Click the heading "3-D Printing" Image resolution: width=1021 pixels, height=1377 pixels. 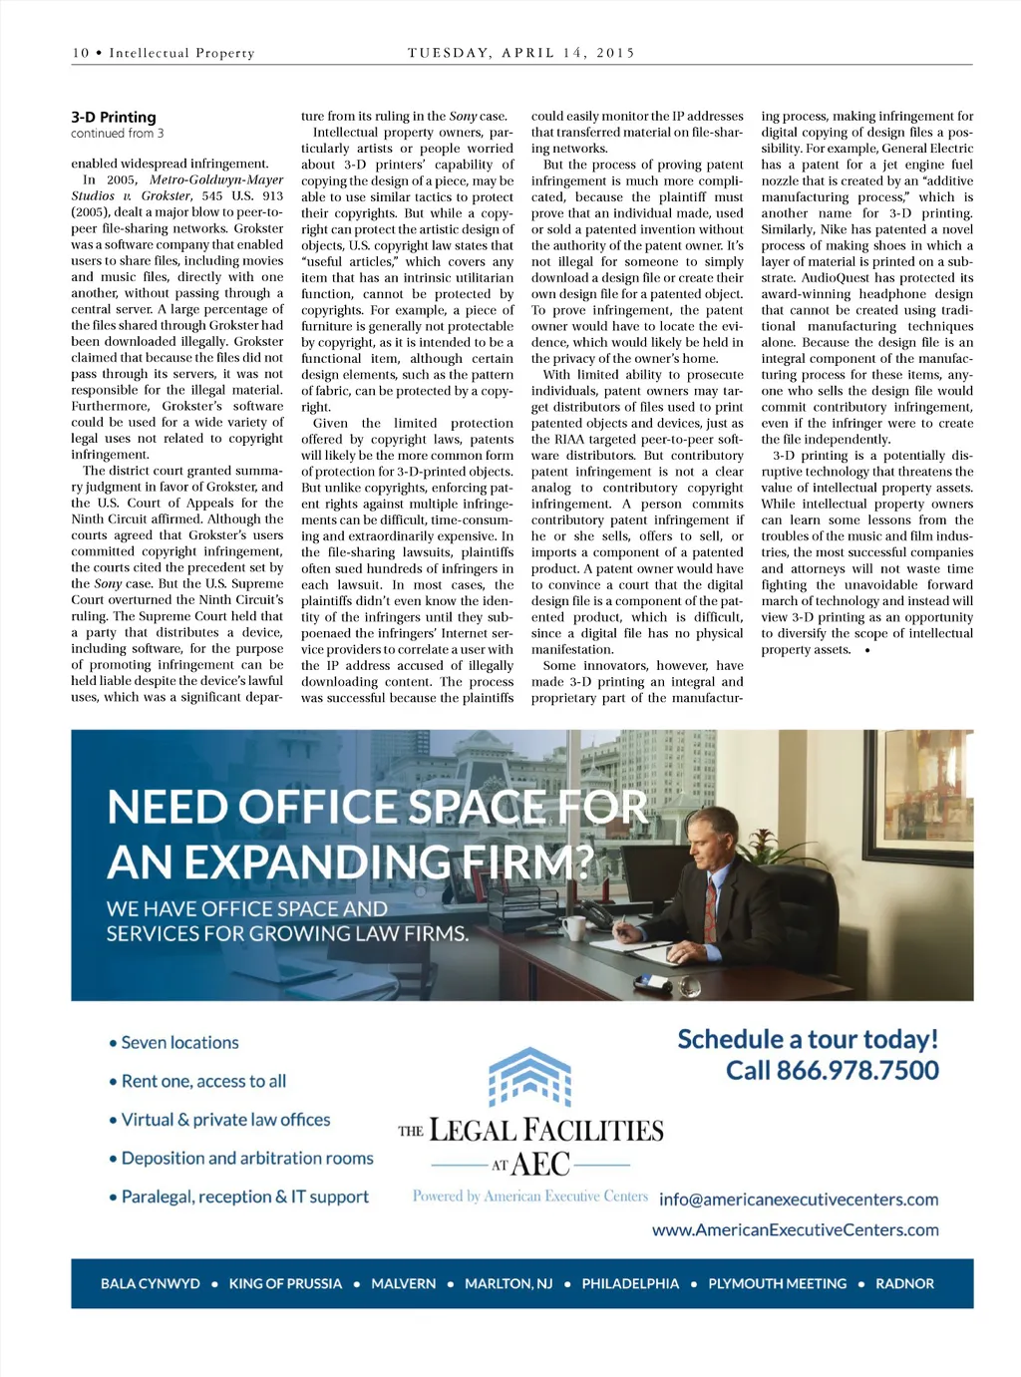point(114,117)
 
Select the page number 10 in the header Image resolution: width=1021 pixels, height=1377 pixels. point(81,53)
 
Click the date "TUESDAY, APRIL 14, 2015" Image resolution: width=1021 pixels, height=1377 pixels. point(520,53)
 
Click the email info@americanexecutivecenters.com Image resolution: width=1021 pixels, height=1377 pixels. point(799,1200)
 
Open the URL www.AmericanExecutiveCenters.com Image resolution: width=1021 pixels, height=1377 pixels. point(795,1229)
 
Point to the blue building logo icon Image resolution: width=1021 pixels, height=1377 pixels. point(529,1077)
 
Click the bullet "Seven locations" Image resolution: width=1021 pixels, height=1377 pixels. point(179,1043)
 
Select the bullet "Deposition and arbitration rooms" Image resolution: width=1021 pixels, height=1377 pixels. point(246,1159)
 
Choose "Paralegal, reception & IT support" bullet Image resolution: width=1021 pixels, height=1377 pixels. point(244,1197)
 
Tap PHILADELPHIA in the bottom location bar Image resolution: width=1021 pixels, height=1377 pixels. point(630,1283)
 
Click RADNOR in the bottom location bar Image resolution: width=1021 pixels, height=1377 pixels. point(904,1283)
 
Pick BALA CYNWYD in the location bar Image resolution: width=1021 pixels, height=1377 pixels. point(151,1283)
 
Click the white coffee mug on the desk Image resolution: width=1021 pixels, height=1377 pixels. point(573,927)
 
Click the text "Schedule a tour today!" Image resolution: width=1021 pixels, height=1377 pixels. point(808,1039)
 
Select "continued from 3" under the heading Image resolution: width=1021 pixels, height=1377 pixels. point(118,134)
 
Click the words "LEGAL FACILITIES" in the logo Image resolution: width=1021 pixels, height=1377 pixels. point(545,1131)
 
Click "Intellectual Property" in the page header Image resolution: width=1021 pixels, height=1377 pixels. point(181,53)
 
